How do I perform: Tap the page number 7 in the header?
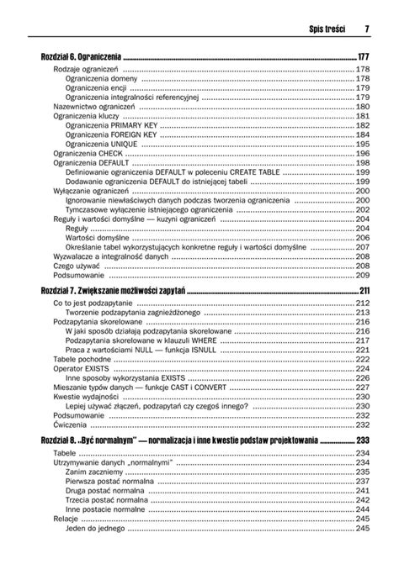tap(368, 29)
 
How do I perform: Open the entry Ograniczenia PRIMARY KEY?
tap(105, 124)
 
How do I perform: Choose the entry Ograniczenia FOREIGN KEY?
tap(105, 134)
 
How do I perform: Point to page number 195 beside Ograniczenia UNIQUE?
tap(364, 144)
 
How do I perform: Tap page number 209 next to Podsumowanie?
tap(364, 275)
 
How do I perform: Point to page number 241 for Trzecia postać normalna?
tap(364, 500)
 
